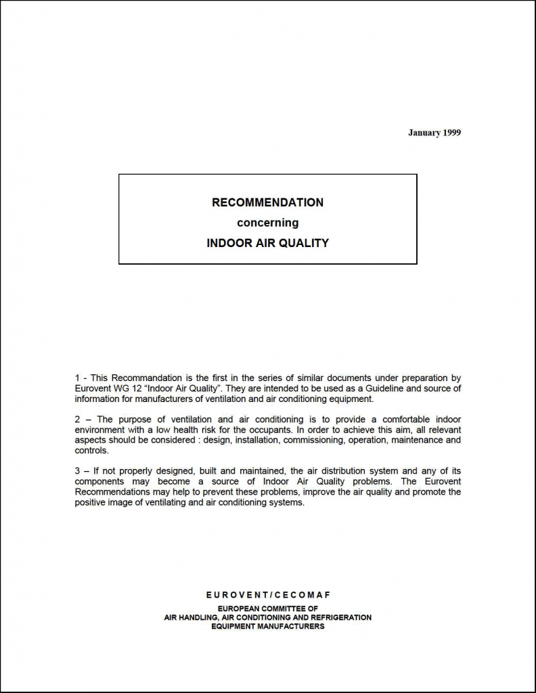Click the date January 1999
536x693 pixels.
[434, 133]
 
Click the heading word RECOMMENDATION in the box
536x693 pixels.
[268, 202]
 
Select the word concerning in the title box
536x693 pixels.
[267, 223]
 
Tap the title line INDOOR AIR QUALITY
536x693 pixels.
[267, 243]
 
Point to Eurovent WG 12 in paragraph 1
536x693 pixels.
[106, 388]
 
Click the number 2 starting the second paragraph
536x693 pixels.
[77, 420]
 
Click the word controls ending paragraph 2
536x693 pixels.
[91, 450]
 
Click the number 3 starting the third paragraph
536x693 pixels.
[77, 471]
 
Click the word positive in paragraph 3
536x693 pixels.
[91, 502]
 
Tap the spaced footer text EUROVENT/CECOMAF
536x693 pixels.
[268, 595]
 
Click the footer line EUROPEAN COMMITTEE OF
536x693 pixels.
[268, 609]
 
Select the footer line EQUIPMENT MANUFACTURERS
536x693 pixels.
[268, 627]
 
